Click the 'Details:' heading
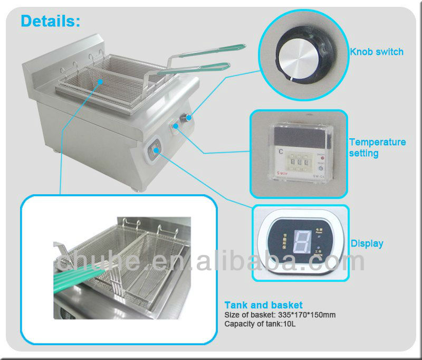pyautogui.click(x=50, y=21)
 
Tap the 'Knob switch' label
pyautogui.click(x=377, y=52)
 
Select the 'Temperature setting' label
pyautogui.click(x=377, y=148)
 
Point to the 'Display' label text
pyautogui.click(x=367, y=244)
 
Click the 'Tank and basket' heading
pyautogui.click(x=263, y=305)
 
